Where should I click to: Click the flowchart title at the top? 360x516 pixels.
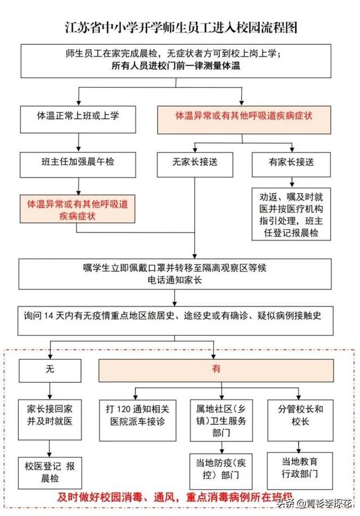(x=181, y=28)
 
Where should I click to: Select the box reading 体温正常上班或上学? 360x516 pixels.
(x=78, y=119)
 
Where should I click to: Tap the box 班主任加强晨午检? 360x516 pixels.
(x=78, y=165)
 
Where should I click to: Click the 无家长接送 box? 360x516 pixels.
(x=195, y=165)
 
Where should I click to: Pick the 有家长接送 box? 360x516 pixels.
(x=291, y=165)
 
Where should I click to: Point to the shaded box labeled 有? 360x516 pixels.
(x=216, y=370)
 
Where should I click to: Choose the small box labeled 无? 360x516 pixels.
(x=50, y=371)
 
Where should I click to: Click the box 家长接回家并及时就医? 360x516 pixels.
(x=49, y=420)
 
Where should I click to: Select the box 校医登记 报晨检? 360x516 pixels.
(x=49, y=473)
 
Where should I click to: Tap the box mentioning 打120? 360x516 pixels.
(x=138, y=420)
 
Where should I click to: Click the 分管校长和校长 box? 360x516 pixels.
(x=300, y=420)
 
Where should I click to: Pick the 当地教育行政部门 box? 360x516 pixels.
(x=300, y=470)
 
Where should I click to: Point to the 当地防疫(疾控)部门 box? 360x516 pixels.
(x=221, y=471)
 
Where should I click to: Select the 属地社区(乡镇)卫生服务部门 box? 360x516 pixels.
(x=221, y=420)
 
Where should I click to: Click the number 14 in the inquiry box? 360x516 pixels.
(x=48, y=316)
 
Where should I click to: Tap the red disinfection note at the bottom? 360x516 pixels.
(x=175, y=497)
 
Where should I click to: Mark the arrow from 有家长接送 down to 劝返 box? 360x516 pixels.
(x=291, y=182)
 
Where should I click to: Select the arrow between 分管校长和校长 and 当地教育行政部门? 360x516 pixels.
(x=299, y=447)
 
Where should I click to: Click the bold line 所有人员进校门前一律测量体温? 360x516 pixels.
(x=175, y=66)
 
